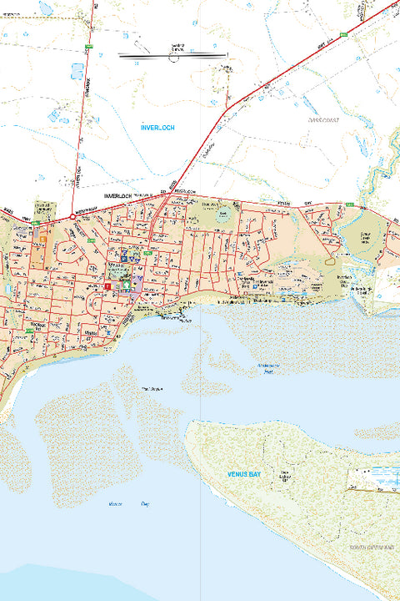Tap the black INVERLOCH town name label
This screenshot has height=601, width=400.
click(118, 194)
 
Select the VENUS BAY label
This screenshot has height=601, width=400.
click(245, 473)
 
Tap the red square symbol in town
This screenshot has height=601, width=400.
click(107, 285)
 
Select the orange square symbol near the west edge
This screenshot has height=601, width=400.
click(42, 239)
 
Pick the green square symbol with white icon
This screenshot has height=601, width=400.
click(127, 285)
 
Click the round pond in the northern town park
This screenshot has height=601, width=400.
click(222, 215)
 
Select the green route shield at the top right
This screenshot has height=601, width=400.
click(342, 36)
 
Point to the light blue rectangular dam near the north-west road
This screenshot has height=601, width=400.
click(77, 71)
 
